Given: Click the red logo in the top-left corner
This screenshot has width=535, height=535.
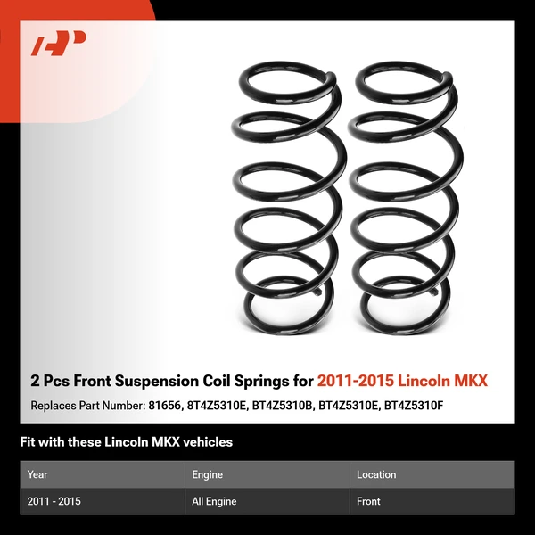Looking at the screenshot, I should [x=58, y=44].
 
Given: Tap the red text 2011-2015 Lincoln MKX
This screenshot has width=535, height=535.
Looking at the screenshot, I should [x=402, y=382].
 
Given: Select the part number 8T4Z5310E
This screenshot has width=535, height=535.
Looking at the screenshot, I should [x=217, y=406].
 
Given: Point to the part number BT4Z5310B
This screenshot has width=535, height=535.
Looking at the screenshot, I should [x=284, y=406].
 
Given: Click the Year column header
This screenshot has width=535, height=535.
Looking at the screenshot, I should [x=37, y=475].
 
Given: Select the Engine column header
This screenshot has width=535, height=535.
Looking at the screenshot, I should [x=207, y=475].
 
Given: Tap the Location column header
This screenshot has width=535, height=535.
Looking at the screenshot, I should [x=376, y=475].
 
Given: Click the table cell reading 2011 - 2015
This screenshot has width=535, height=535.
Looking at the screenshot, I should [x=54, y=502].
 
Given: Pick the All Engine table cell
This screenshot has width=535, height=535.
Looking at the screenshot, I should [x=214, y=502].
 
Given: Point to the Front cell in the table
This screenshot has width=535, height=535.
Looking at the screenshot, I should [x=368, y=502].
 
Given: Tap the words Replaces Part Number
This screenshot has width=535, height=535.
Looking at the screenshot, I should [x=86, y=406].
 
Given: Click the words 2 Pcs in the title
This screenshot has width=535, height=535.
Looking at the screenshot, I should [x=49, y=382].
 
